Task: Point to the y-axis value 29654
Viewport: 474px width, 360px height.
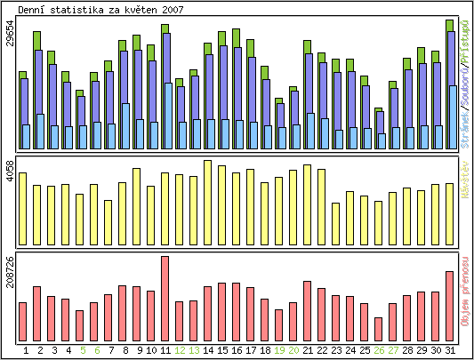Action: tap(10, 42)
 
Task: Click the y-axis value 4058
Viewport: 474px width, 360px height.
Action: tap(10, 171)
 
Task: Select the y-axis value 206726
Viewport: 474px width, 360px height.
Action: tap(10, 275)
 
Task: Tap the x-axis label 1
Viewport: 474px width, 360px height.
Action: tap(26, 351)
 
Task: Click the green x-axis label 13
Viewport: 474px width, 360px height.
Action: tap(193, 351)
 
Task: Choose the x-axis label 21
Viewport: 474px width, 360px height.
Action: tap(307, 351)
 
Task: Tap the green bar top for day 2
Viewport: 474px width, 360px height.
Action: tap(36, 40)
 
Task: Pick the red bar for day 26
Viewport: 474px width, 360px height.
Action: tap(378, 329)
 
